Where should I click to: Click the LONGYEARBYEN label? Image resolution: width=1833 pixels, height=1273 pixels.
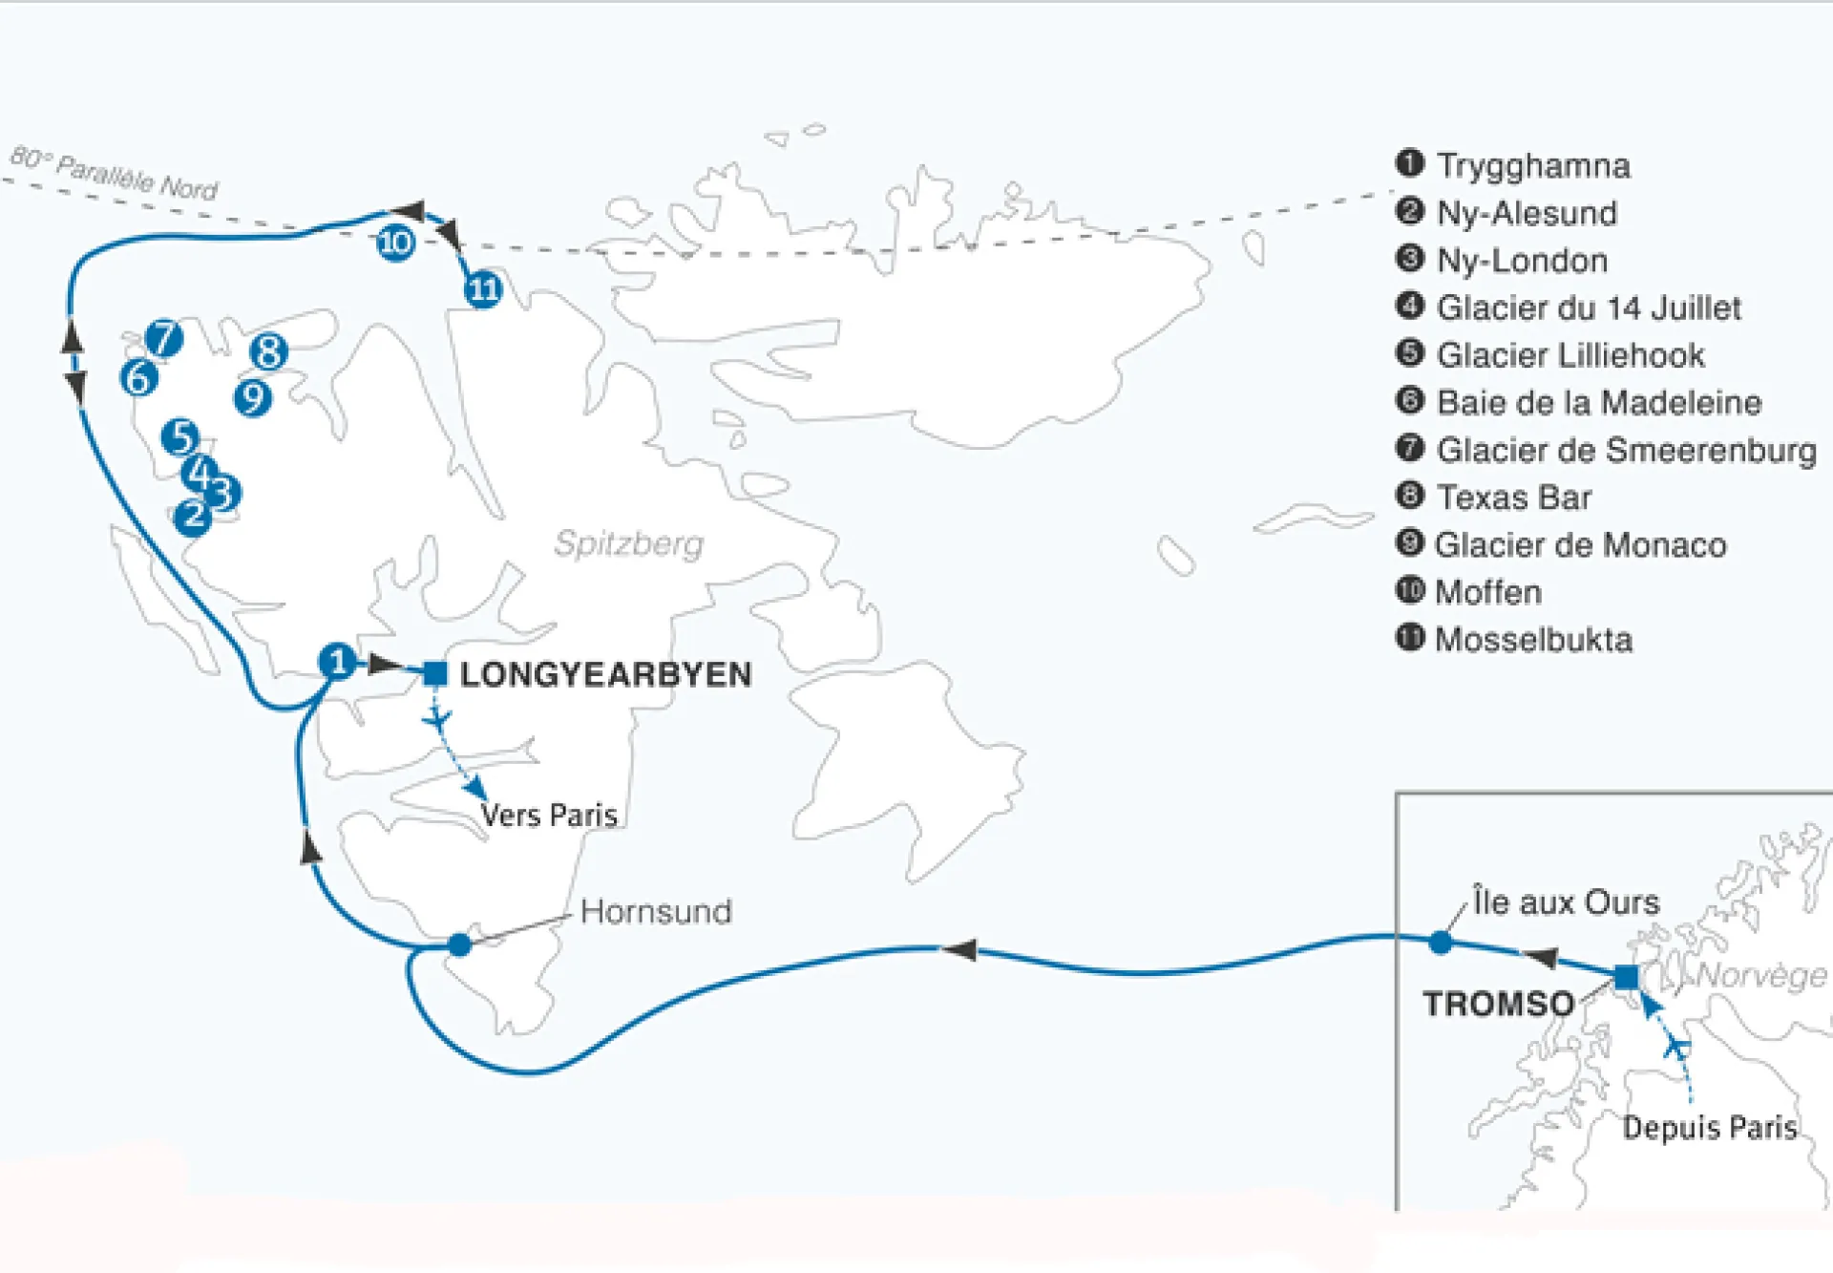(x=605, y=674)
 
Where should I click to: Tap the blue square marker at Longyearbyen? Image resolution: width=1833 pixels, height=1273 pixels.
(x=435, y=673)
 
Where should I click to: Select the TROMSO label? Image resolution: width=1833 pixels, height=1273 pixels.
(x=1498, y=1004)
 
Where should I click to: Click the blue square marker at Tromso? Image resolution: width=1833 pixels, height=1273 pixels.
(x=1626, y=977)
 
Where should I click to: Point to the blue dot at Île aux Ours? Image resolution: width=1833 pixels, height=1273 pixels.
(x=1441, y=944)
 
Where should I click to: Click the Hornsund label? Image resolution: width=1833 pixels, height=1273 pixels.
(x=656, y=911)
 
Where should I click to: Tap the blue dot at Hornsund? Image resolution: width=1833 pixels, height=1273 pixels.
(x=459, y=945)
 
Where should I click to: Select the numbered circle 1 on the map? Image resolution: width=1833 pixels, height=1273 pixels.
(x=337, y=662)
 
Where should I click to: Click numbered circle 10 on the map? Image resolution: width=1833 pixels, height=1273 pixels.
(x=395, y=243)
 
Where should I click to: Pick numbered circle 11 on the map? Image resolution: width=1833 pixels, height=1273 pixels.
(x=483, y=288)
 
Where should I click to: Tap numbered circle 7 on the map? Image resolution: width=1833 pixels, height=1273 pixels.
(x=164, y=337)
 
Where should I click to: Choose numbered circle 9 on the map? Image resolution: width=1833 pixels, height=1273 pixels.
(x=253, y=397)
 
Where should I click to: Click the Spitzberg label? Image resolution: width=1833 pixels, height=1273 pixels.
(x=628, y=543)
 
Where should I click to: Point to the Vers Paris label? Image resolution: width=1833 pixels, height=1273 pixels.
(x=549, y=815)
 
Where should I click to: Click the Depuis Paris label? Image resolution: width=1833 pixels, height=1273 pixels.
(x=1709, y=1128)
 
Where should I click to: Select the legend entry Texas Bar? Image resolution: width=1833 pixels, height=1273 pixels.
(x=1513, y=498)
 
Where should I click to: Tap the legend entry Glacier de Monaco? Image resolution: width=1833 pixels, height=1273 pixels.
(x=1580, y=544)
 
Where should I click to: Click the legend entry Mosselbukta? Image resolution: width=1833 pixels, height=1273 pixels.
(x=1533, y=639)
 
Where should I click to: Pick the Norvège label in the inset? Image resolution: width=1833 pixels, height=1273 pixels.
(x=1761, y=975)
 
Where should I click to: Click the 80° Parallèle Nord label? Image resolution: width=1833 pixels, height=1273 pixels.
(x=115, y=172)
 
